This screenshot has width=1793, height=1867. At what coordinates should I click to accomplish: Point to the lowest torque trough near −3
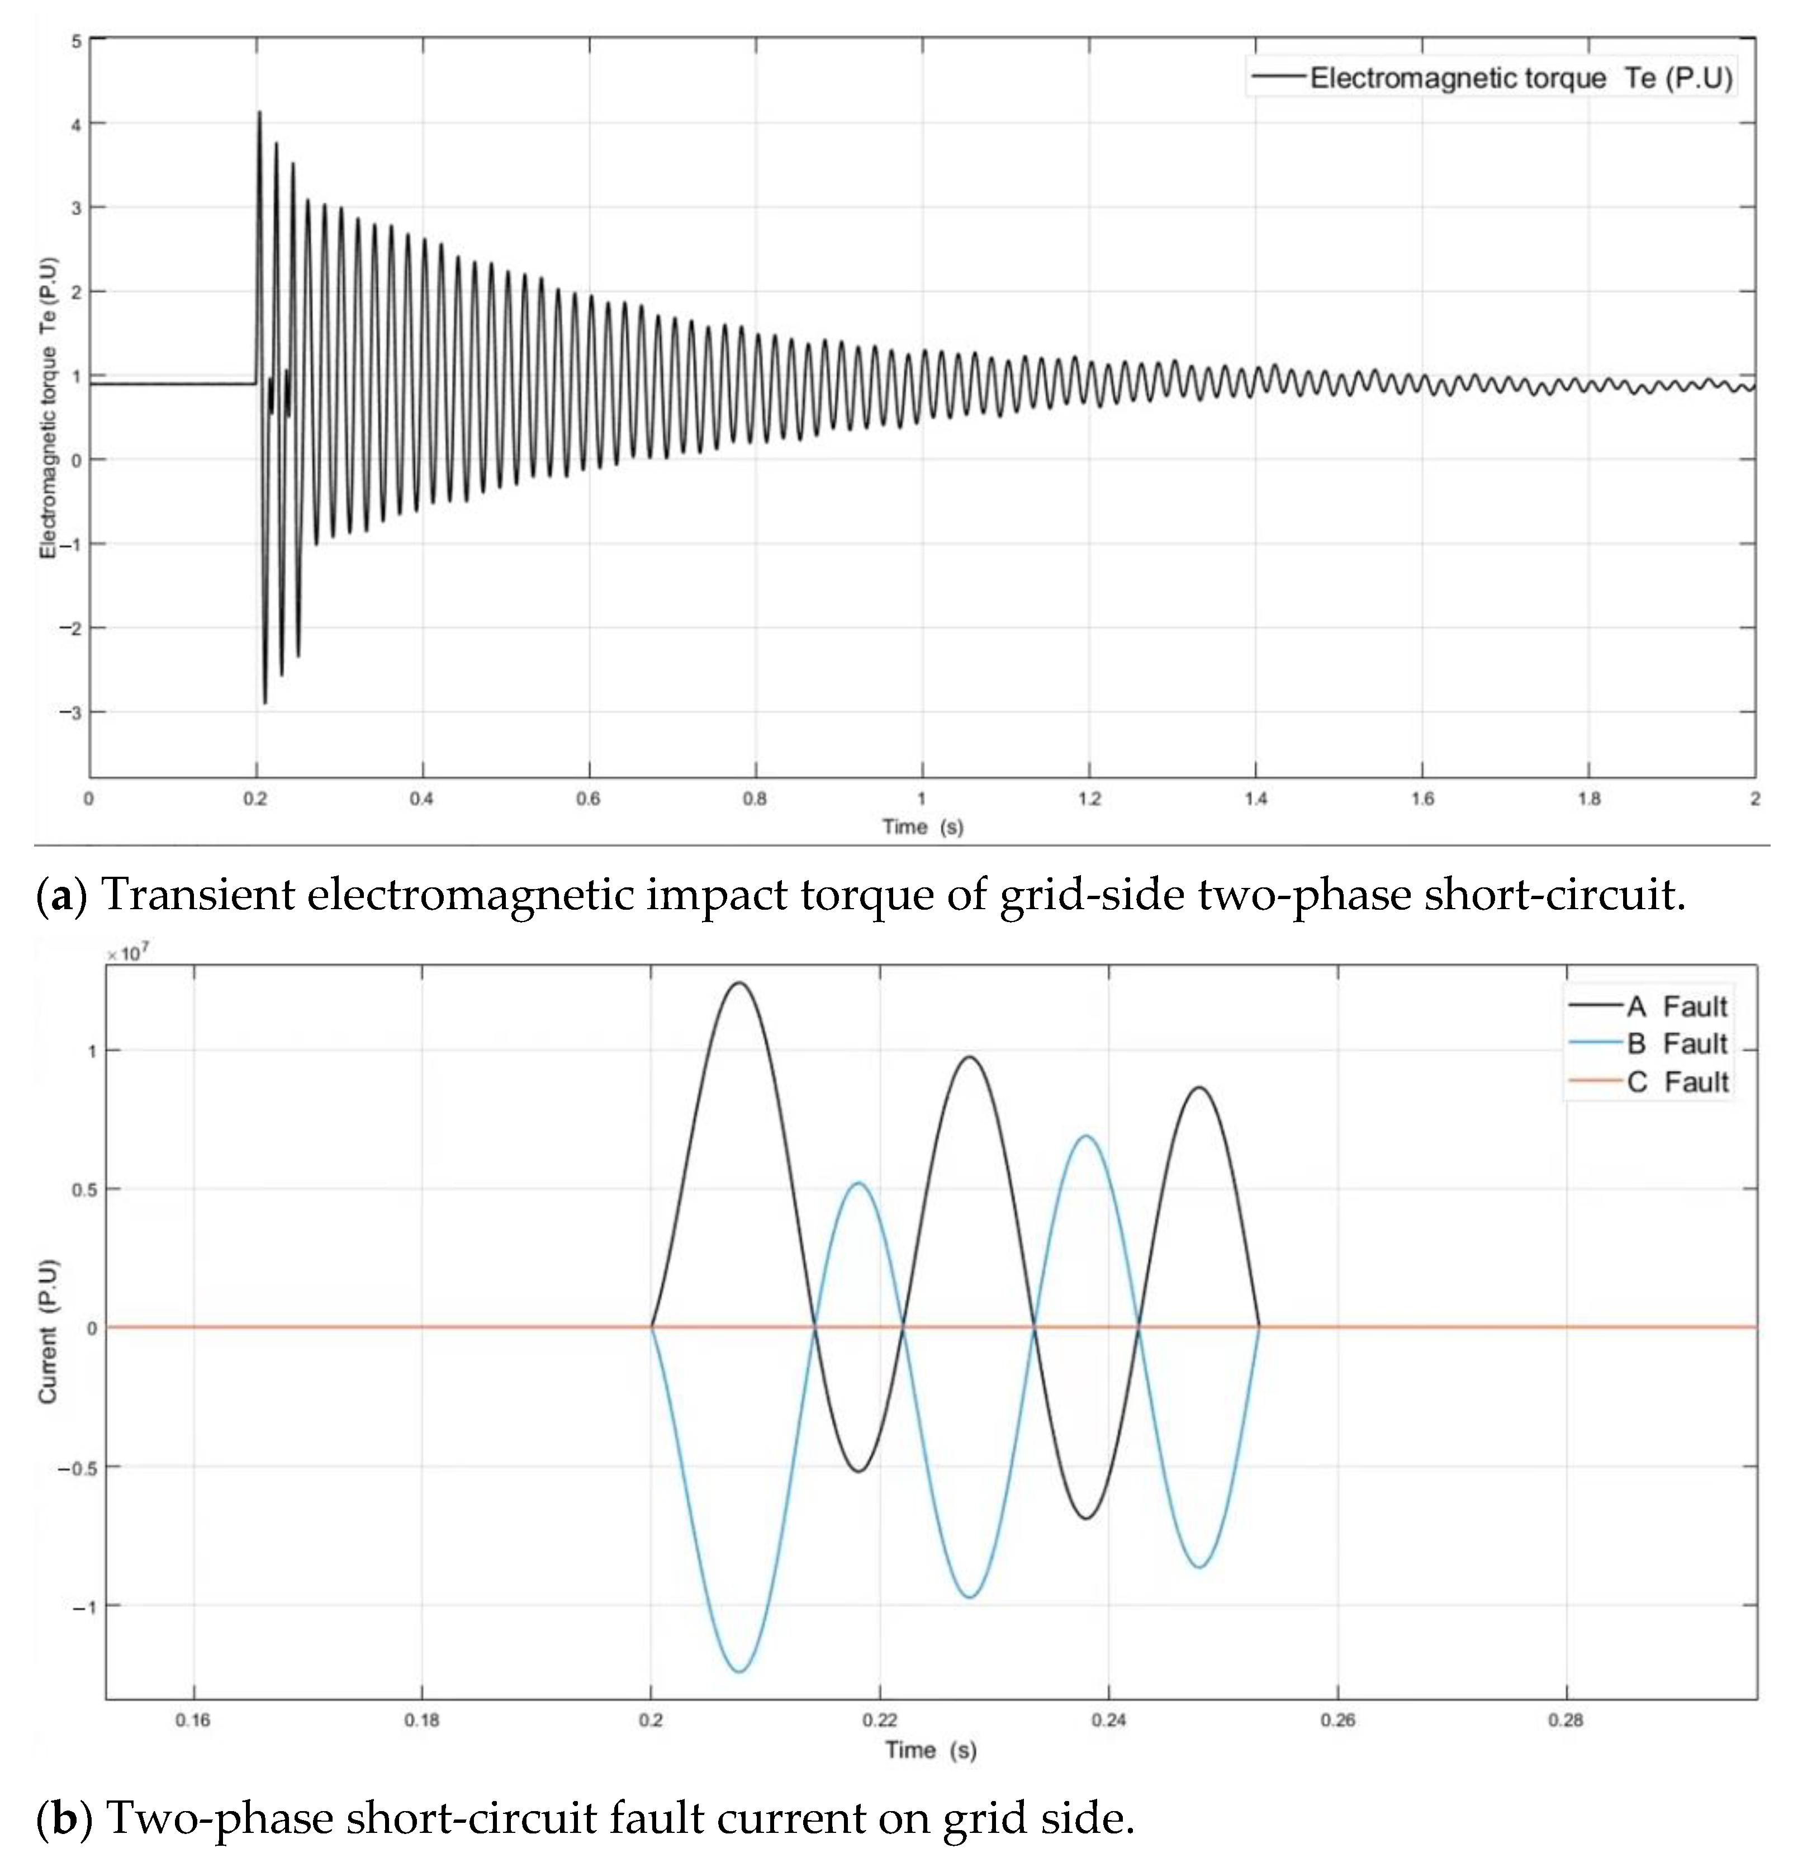click(265, 702)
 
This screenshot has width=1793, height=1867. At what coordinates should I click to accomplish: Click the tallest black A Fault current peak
click(740, 983)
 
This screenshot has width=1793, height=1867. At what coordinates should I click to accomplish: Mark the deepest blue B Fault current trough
click(740, 1672)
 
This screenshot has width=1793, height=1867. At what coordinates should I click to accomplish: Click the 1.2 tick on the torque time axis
click(1089, 799)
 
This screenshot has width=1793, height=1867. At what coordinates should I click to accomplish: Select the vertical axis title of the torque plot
click(48, 408)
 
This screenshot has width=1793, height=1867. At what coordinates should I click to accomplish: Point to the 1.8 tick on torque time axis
click(1588, 799)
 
